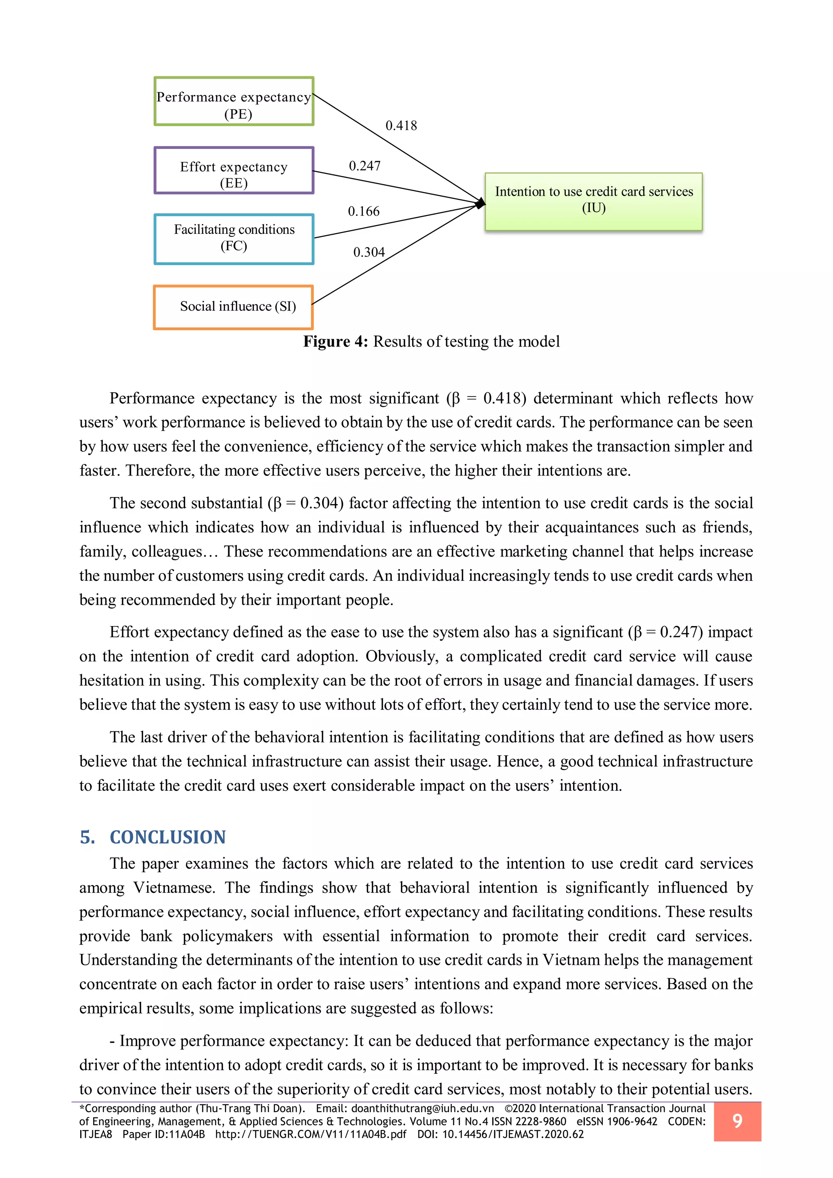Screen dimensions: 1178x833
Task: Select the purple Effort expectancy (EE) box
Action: click(x=234, y=171)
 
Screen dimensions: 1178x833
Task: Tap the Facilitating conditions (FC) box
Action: click(x=234, y=239)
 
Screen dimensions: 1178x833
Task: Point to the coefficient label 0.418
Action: click(x=401, y=126)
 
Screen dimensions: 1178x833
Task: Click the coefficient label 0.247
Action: click(x=365, y=166)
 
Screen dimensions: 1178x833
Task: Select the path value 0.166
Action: click(x=364, y=212)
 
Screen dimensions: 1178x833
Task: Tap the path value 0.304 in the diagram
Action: click(x=369, y=252)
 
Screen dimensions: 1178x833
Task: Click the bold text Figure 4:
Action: click(x=336, y=342)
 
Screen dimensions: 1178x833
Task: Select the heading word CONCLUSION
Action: click(x=168, y=837)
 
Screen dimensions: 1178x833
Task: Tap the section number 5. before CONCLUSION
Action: click(x=87, y=837)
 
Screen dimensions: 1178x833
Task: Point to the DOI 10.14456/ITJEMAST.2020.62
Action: click(x=513, y=1134)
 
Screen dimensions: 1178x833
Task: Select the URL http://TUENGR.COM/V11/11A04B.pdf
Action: click(x=310, y=1134)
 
